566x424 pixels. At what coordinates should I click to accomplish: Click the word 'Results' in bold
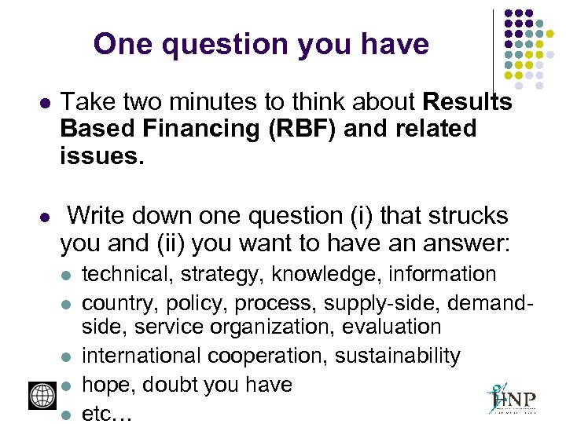(x=467, y=103)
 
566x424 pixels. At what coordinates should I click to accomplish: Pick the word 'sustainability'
(x=398, y=356)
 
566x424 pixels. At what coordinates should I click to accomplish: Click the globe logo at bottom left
(x=41, y=395)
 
